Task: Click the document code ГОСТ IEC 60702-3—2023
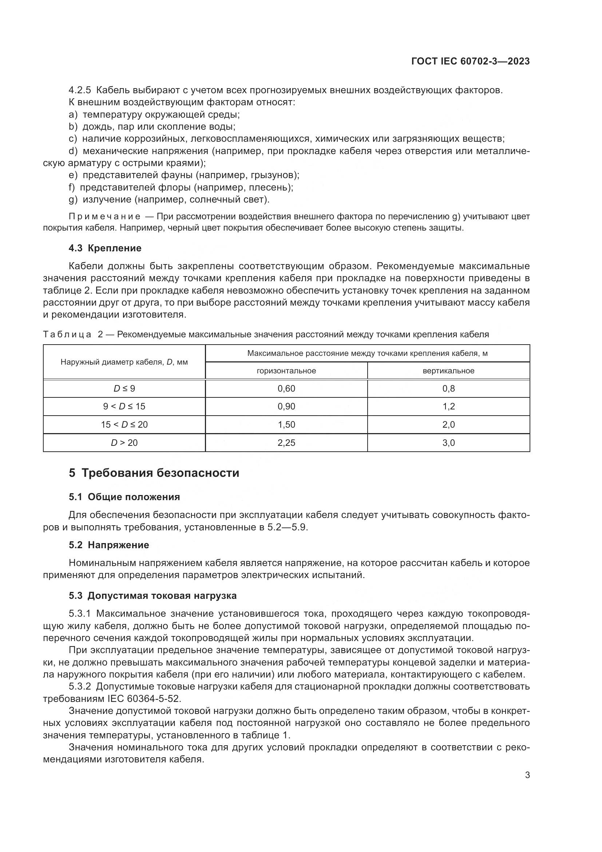[x=470, y=62]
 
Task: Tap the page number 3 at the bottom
[x=527, y=775]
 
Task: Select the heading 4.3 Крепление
[x=105, y=248]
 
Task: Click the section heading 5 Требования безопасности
[x=154, y=473]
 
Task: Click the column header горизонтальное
[x=286, y=371]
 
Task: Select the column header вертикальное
[x=448, y=371]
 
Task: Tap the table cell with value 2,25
[x=286, y=443]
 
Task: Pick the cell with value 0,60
[x=286, y=389]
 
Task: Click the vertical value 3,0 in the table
[x=448, y=443]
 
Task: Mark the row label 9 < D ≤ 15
[x=124, y=407]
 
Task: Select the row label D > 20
[x=124, y=443]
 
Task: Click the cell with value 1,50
[x=286, y=424]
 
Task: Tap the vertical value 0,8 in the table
[x=448, y=389]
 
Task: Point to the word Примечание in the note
[x=104, y=216]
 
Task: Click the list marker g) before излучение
[x=73, y=200]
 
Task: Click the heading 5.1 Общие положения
[x=124, y=497]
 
